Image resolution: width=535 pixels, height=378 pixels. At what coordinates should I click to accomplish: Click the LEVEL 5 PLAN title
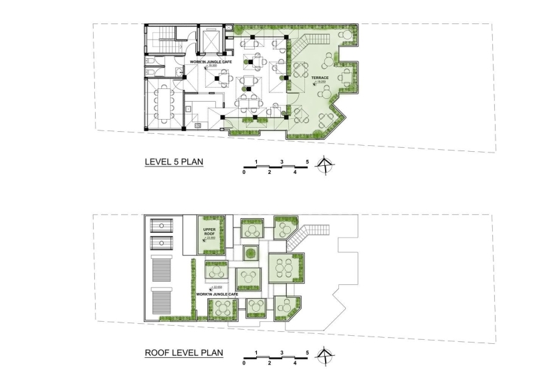coord(175,163)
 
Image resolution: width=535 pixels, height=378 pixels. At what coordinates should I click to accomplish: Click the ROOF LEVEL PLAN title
coord(184,353)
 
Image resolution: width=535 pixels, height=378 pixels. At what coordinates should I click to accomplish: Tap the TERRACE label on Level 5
coord(320,78)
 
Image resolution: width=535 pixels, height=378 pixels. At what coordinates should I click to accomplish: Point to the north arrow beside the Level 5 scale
coord(325,165)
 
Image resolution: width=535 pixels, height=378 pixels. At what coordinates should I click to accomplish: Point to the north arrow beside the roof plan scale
coord(325,355)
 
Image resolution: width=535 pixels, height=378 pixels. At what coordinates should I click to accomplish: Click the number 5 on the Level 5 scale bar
coord(307,162)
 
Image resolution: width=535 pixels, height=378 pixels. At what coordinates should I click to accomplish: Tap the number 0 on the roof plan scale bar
coord(244,363)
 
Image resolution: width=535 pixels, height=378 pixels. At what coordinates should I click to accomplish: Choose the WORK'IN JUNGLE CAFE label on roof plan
coord(217,294)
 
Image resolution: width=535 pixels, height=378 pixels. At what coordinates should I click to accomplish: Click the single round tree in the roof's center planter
coord(250,254)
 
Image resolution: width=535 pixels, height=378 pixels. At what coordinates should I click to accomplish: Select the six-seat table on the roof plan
coord(286,266)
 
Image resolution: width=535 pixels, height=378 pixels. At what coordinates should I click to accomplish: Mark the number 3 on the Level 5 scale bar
coord(282,162)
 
